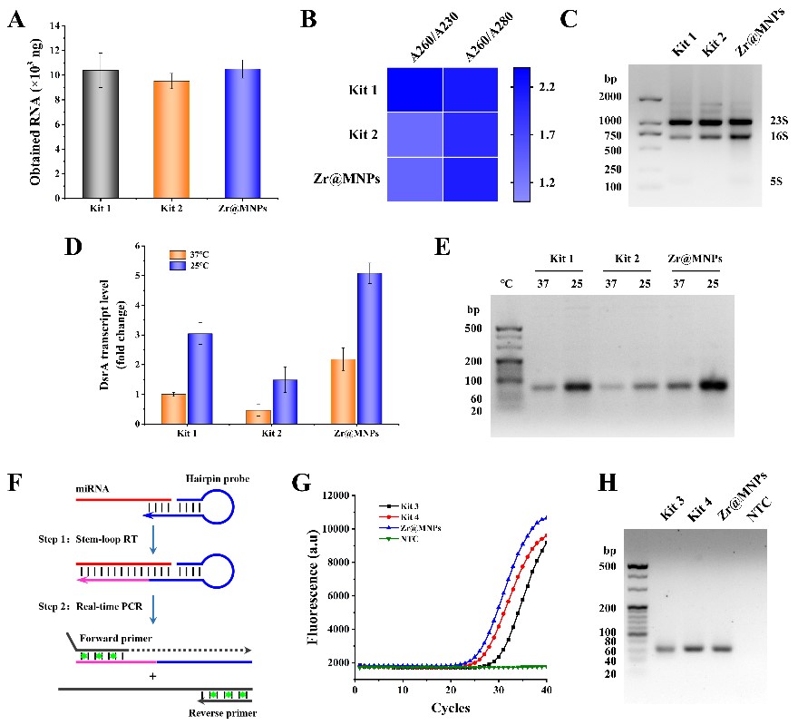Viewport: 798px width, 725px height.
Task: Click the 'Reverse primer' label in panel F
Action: click(228, 714)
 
